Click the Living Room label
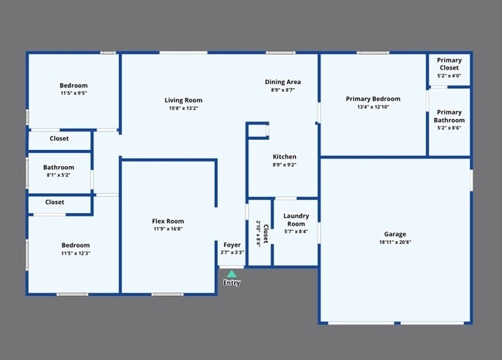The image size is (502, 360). pyautogui.click(x=183, y=100)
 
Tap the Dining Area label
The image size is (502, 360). pyautogui.click(x=283, y=82)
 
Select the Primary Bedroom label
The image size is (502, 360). pyautogui.click(x=373, y=99)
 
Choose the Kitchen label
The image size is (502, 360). pyautogui.click(x=284, y=156)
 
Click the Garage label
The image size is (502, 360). pyautogui.click(x=395, y=234)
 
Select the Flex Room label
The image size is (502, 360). pyautogui.click(x=168, y=222)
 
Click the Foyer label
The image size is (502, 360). pyautogui.click(x=232, y=245)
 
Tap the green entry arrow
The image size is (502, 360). pyautogui.click(x=232, y=273)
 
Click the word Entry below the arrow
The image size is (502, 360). pyautogui.click(x=232, y=283)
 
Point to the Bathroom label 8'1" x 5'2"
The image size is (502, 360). pyautogui.click(x=59, y=167)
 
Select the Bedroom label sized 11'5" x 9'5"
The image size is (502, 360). pyautogui.click(x=73, y=85)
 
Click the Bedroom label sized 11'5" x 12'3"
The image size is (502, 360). pyautogui.click(x=75, y=245)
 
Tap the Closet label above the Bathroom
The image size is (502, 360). pyautogui.click(x=59, y=138)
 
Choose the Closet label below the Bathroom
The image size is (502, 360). pyautogui.click(x=54, y=202)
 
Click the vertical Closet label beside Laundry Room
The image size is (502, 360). pyautogui.click(x=265, y=233)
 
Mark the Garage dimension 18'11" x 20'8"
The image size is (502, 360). pyautogui.click(x=395, y=243)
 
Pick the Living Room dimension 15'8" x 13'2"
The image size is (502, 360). pyautogui.click(x=183, y=108)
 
